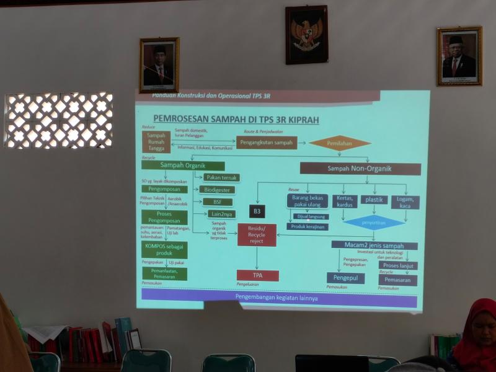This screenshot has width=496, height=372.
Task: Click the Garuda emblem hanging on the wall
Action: pos(306,35)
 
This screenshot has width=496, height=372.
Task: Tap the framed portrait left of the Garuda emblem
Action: pos(159,64)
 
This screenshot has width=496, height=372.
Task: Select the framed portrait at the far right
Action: pos(459,56)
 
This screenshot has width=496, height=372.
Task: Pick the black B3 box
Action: pos(257,211)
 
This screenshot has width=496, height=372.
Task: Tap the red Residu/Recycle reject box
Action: pos(257,235)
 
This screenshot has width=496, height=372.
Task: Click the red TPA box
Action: pos(257,275)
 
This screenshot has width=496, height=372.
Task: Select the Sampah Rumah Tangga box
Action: pos(156,142)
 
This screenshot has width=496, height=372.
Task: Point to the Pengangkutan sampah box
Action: pos(266,143)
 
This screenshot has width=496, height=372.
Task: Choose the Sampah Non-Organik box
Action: pos(364,168)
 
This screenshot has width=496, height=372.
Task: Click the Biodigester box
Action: pos(218,190)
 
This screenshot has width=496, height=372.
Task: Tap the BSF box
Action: pos(218,202)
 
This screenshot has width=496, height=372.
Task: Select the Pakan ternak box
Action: pos(221,177)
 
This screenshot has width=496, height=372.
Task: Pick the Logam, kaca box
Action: pos(405,202)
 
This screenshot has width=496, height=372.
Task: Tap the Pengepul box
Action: pos(345,278)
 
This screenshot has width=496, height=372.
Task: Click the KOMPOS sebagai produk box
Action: pos(164,249)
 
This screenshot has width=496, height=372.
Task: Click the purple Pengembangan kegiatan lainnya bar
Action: pos(279,298)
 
